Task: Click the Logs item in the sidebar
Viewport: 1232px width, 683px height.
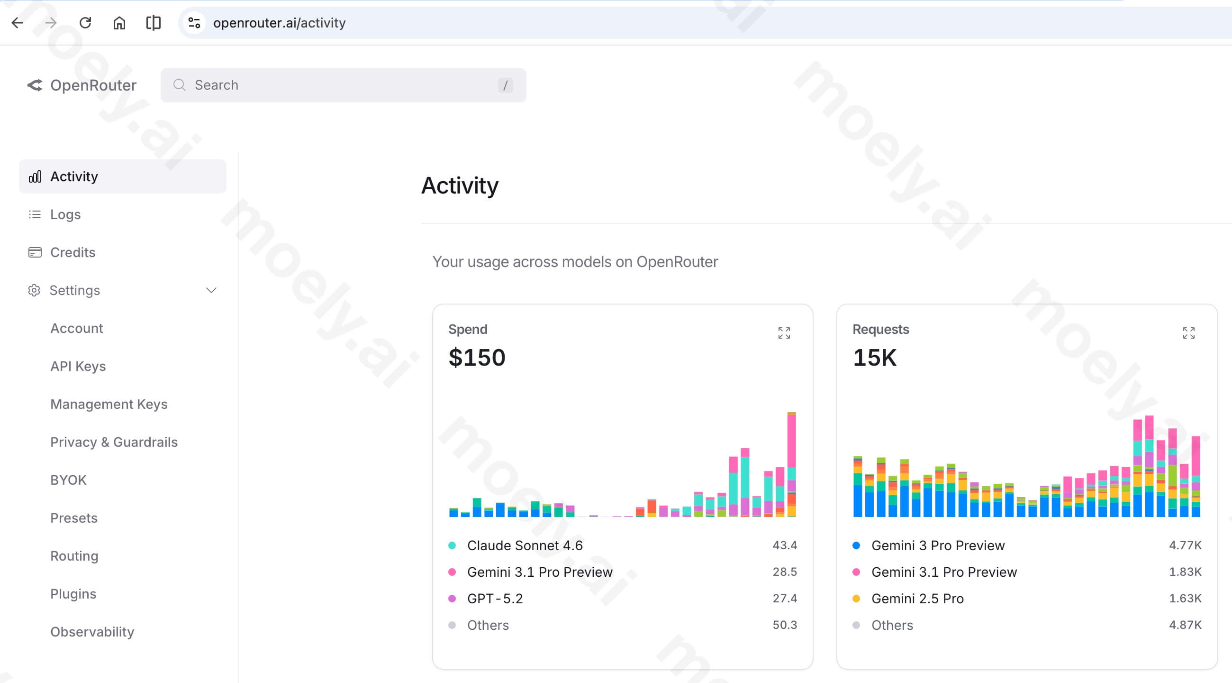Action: [65, 214]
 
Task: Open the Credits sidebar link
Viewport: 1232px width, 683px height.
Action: [72, 252]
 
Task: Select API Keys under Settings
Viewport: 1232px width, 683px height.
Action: [78, 366]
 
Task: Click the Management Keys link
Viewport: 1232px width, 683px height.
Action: [109, 404]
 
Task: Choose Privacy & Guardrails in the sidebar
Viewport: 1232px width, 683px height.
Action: [114, 442]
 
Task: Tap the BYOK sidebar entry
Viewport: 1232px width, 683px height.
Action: [68, 480]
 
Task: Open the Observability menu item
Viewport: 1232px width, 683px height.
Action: [92, 632]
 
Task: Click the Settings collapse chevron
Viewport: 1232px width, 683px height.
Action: [211, 291]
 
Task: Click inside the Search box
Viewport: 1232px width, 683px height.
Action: [343, 85]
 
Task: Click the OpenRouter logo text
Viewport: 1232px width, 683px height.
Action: [93, 85]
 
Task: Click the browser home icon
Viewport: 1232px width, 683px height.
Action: [119, 22]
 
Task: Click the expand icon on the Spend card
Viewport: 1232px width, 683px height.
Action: [784, 332]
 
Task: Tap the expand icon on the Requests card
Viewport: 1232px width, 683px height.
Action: [1188, 332]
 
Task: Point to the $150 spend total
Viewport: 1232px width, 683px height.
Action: [477, 358]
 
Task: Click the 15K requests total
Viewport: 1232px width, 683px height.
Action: [874, 358]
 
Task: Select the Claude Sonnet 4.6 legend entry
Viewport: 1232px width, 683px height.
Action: [525, 545]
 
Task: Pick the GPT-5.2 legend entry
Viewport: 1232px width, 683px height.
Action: [495, 598]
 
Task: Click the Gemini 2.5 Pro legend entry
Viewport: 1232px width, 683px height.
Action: [917, 598]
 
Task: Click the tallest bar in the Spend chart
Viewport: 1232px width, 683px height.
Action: [791, 464]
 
